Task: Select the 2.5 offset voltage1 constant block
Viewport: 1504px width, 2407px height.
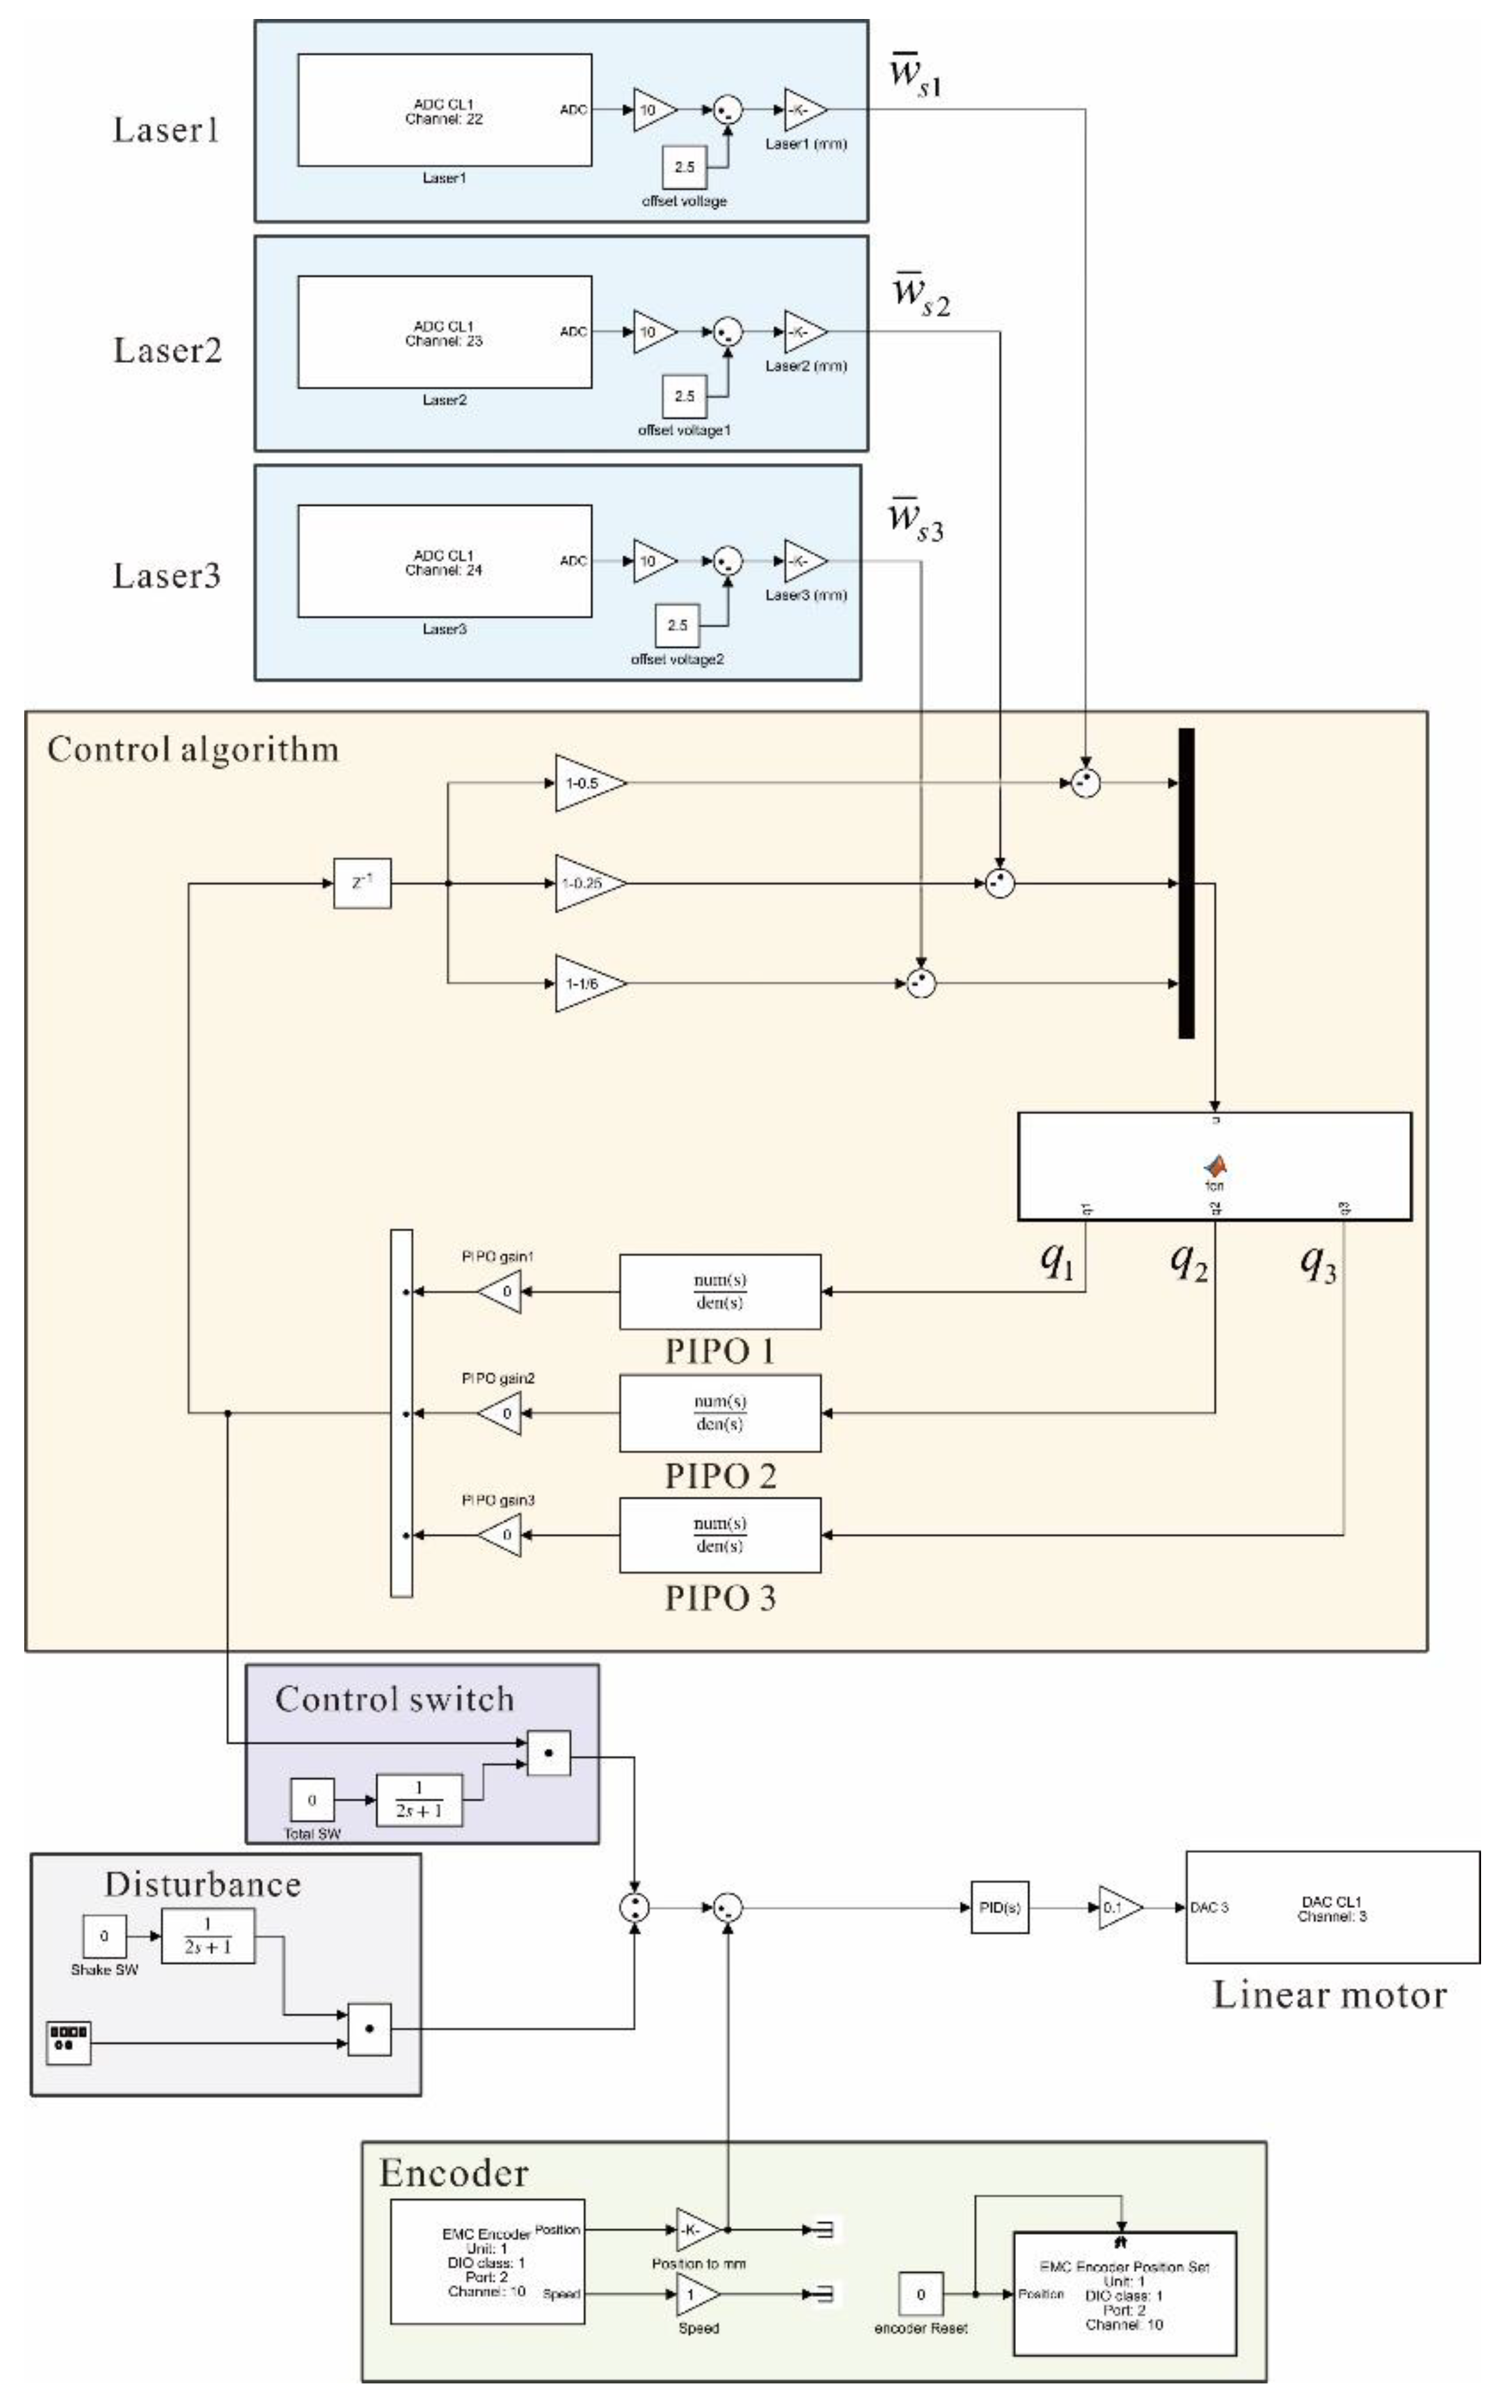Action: (685, 396)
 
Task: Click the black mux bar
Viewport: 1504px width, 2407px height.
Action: (1186, 884)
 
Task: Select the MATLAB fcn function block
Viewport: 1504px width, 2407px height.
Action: (1214, 1166)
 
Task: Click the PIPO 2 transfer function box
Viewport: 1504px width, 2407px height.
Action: (720, 1412)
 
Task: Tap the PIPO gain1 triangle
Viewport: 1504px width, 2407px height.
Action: (501, 1292)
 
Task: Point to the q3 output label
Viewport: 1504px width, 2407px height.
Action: (1318, 1263)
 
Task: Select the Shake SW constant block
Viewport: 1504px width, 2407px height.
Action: (103, 1937)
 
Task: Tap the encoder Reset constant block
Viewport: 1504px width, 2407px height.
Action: (920, 2294)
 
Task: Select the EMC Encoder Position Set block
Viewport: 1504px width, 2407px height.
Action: (1124, 2294)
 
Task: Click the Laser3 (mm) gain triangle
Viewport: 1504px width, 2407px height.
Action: (804, 561)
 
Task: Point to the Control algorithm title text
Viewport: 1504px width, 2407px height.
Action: (193, 749)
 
